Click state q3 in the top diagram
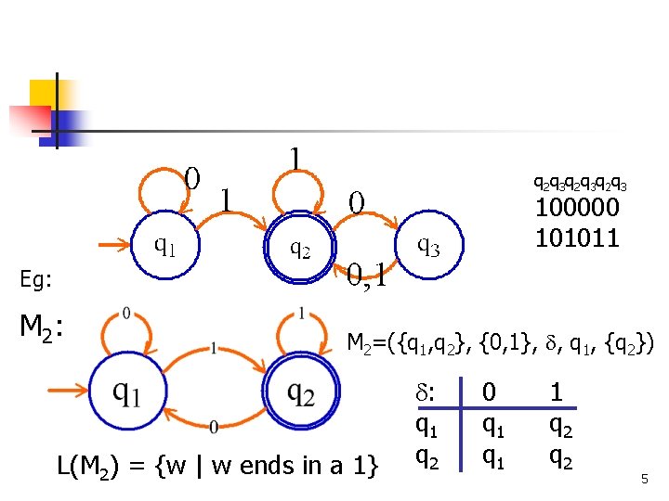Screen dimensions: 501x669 coord(427,247)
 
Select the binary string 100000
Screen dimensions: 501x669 coord(576,209)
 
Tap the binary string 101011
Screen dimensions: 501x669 coord(576,238)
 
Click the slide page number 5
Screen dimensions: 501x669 coord(643,478)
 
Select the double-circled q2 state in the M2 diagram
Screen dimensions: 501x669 coord(299,393)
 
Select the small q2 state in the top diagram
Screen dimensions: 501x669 coord(300,248)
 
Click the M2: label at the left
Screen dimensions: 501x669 coord(42,326)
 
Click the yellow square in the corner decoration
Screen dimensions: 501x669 coord(44,95)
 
